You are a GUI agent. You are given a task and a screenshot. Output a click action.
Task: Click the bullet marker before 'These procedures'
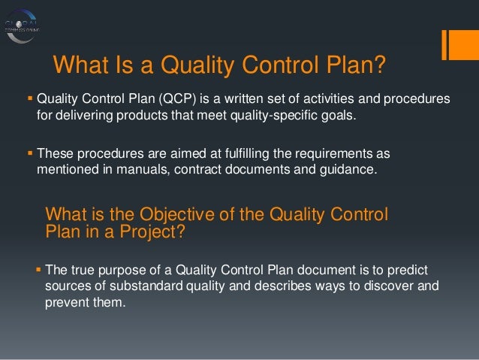[x=30, y=153]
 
